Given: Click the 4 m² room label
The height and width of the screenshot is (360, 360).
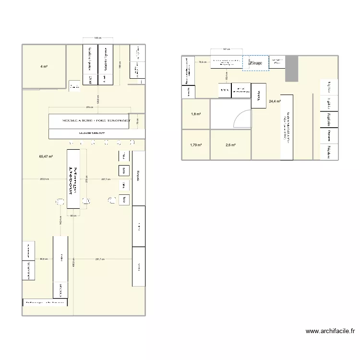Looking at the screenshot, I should tap(44, 66).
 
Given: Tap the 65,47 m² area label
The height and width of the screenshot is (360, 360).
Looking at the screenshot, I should tap(46, 156).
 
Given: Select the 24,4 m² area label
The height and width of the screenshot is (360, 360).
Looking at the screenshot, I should tap(275, 101).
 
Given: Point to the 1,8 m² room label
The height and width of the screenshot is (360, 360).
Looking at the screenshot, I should tap(196, 114).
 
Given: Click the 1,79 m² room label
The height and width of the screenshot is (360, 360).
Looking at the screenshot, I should tap(196, 145).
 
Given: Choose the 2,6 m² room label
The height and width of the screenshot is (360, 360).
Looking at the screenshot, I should tap(231, 145).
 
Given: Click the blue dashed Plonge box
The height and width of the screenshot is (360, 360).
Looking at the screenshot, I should tap(255, 63).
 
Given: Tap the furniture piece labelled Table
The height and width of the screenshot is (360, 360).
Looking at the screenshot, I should tap(258, 96).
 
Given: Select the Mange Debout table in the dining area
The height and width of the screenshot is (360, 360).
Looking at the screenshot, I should tap(73, 179).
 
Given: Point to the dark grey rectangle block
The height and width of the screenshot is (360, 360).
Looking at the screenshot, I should tap(292, 69).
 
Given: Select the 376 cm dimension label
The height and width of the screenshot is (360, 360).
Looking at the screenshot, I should tap(89, 107).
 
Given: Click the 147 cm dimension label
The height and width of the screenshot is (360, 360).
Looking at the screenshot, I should tap(227, 49).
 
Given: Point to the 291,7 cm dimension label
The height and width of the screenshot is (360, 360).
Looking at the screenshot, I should tap(100, 259).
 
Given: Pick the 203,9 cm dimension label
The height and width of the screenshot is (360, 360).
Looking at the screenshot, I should tap(44, 179).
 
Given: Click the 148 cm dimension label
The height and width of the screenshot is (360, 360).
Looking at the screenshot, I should tap(97, 37).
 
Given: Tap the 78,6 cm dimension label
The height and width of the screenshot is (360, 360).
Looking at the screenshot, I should tap(203, 62).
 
